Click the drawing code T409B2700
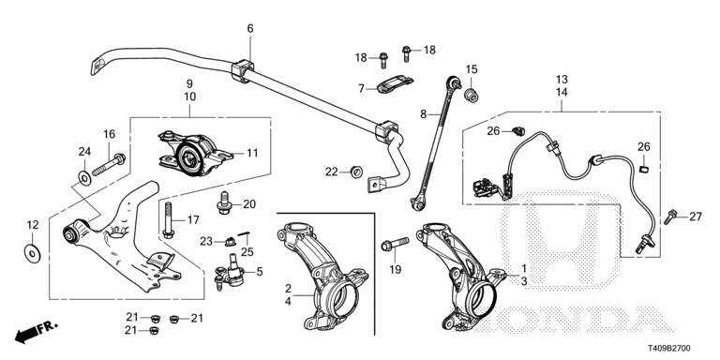669,349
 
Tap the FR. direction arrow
36,332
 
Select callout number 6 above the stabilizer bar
249,28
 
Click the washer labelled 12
33,253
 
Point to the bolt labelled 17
168,220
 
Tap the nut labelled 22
357,172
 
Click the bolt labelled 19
395,244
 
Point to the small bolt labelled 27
671,217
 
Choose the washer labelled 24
84,177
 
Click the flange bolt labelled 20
225,202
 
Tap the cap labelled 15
472,96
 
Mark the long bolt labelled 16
109,165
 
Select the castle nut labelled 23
230,241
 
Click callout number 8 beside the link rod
424,113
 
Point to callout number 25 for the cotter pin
247,251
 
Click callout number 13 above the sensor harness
562,79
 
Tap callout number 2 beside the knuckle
288,289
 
